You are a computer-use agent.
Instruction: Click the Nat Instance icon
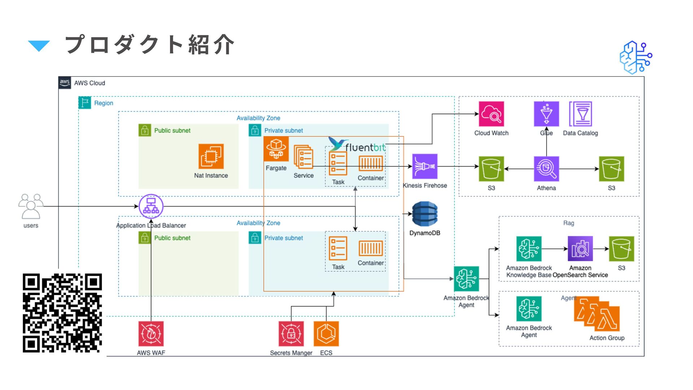(211, 156)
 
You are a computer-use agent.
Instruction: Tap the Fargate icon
(276, 149)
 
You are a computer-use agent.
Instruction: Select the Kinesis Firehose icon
(425, 166)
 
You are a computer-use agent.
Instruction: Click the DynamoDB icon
(425, 214)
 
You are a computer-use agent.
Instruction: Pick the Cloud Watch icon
(491, 114)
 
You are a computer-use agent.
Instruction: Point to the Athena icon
(546, 169)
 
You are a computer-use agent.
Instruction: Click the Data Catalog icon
(580, 114)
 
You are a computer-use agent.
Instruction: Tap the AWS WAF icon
(151, 334)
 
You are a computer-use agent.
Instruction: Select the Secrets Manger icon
(291, 334)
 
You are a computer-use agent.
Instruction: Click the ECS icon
(326, 334)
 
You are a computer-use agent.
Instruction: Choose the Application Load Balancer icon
(151, 206)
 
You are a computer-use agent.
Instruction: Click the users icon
(31, 206)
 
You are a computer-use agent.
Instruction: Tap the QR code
(62, 313)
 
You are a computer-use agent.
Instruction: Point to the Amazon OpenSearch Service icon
(580, 248)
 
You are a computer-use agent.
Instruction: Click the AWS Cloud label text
(90, 83)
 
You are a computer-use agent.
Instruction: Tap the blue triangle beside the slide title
(39, 46)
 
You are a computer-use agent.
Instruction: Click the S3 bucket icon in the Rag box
(621, 248)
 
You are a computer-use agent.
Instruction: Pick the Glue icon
(546, 114)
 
